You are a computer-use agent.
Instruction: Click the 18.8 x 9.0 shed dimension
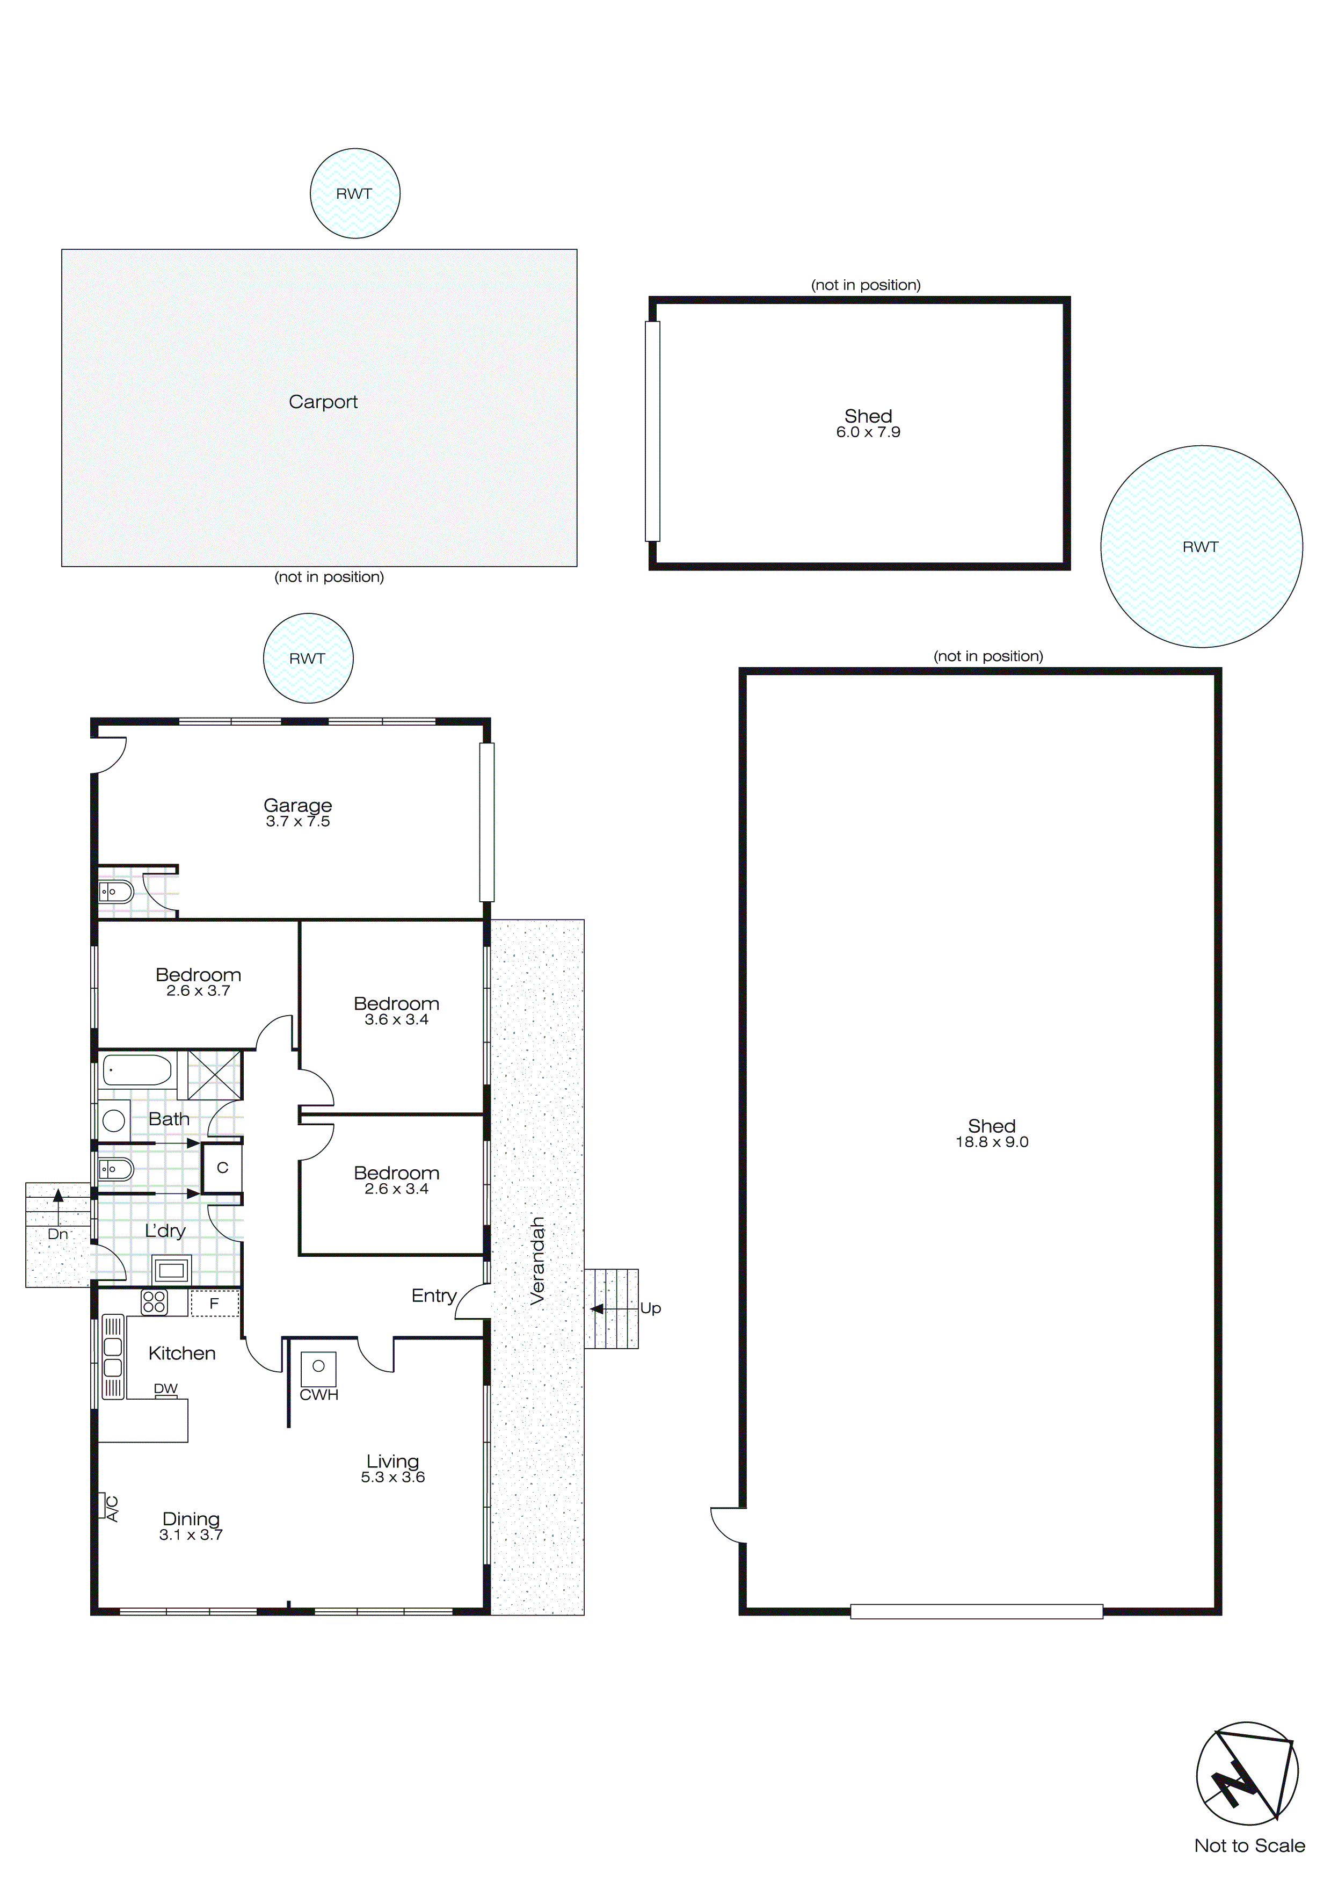[x=992, y=1142]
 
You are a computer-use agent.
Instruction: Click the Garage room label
[x=297, y=805]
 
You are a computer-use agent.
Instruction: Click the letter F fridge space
[x=214, y=1304]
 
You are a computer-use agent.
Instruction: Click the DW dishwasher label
[x=165, y=1388]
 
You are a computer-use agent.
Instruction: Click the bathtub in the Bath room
[x=137, y=1070]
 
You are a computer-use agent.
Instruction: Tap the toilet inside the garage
[x=117, y=891]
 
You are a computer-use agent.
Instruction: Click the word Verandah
[x=537, y=1260]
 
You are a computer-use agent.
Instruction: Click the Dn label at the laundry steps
[x=57, y=1234]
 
